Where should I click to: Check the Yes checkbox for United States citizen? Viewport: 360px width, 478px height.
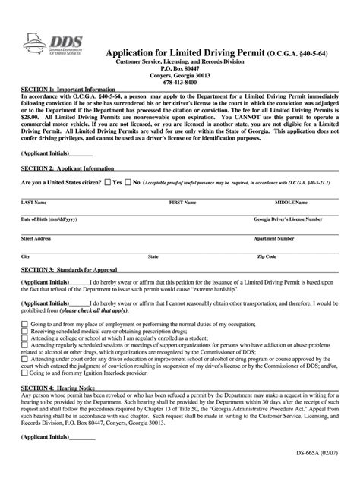pyautogui.click(x=108, y=183)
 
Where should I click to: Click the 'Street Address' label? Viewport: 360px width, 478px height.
pyautogui.click(x=36, y=238)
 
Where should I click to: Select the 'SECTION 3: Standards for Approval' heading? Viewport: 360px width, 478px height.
pyautogui.click(x=69, y=271)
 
